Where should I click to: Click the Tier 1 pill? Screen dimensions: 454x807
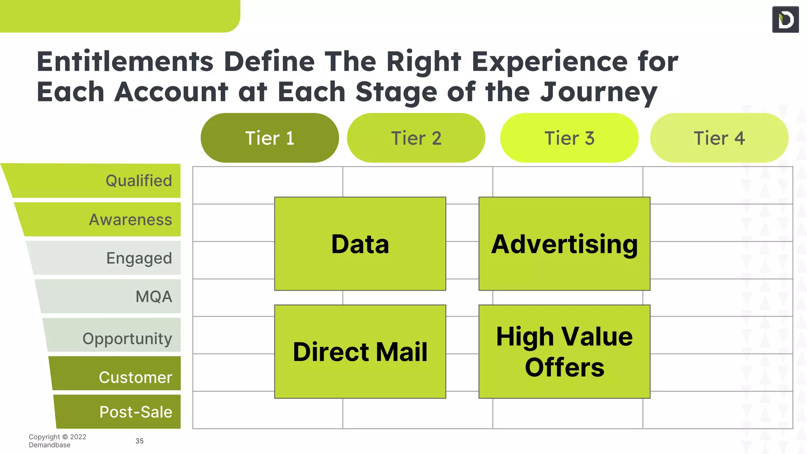tap(270, 138)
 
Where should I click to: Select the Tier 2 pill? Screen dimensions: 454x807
tap(416, 138)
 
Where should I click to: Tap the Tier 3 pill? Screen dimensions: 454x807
tap(569, 138)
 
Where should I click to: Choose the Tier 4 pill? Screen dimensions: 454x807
tap(719, 138)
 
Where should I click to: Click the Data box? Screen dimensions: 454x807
tap(360, 244)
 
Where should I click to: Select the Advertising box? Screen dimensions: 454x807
tap(564, 244)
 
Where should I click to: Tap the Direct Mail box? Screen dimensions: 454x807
tap(360, 352)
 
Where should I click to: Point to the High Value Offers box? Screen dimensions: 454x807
tap(564, 352)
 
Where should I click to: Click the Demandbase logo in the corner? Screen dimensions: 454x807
tap(785, 19)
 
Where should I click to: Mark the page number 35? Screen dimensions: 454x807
tap(139, 441)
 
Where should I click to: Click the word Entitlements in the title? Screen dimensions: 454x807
tap(125, 62)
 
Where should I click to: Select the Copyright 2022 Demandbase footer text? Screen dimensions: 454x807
tap(57, 441)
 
